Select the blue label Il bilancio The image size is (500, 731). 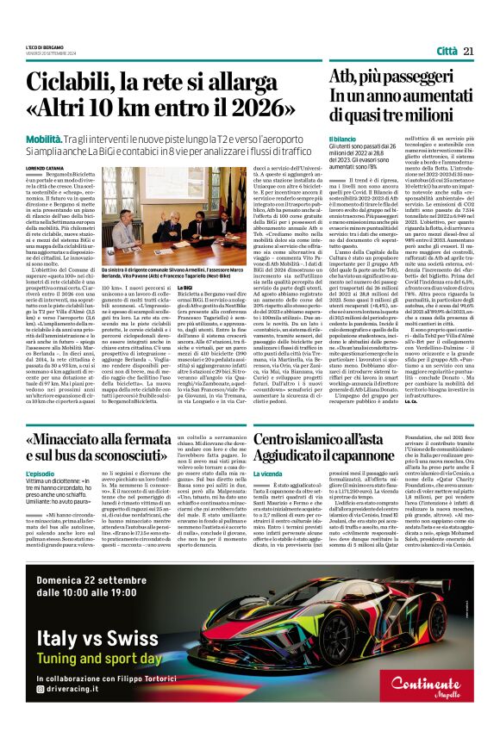(x=342, y=139)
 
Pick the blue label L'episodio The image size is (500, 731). (x=40, y=474)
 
